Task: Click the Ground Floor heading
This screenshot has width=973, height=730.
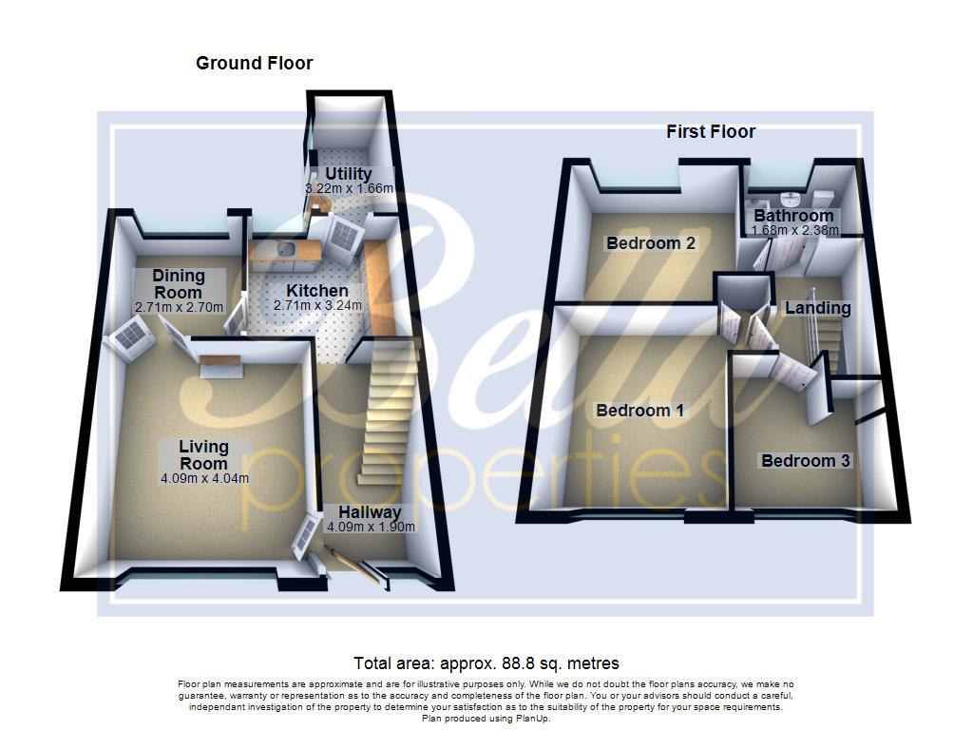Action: tap(254, 64)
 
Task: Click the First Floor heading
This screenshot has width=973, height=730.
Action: tap(711, 132)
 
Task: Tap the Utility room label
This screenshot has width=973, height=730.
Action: tap(349, 174)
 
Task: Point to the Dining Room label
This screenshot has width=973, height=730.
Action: tap(179, 283)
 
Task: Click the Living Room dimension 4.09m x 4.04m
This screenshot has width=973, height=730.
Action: tap(204, 478)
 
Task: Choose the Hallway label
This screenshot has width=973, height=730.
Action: tap(371, 512)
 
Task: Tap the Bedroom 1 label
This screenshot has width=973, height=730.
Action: tap(639, 411)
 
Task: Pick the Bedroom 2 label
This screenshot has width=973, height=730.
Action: tap(651, 243)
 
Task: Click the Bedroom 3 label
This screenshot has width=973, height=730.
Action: tap(805, 461)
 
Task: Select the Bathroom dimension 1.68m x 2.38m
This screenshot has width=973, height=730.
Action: tap(794, 230)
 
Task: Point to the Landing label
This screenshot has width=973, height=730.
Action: tap(817, 308)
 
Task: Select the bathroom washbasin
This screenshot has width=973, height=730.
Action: tap(787, 200)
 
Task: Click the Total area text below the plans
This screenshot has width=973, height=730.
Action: tap(486, 663)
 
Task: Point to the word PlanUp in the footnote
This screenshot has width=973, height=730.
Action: tap(530, 719)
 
